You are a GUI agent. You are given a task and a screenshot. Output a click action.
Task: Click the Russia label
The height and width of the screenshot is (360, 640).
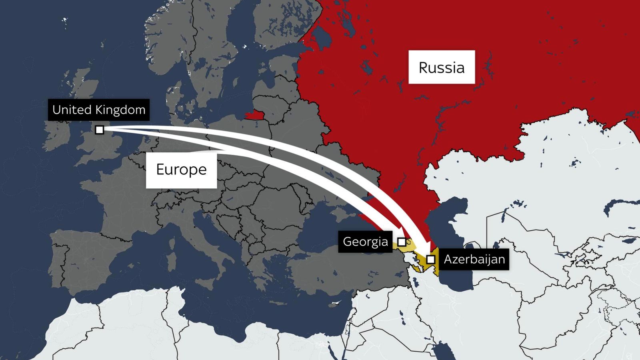click(x=441, y=67)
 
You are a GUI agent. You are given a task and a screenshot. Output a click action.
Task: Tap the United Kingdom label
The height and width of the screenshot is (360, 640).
click(x=99, y=110)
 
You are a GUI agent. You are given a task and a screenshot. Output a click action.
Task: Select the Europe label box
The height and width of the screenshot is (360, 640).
click(x=181, y=170)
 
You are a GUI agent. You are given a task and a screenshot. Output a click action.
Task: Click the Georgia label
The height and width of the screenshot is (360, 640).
click(x=365, y=242)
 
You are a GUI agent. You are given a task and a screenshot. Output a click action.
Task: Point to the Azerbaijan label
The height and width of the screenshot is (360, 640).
click(x=474, y=259)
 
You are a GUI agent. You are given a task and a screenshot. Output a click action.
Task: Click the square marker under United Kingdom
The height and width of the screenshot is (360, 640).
click(x=100, y=130)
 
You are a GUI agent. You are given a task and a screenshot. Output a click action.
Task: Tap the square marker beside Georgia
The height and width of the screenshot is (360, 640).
click(x=402, y=242)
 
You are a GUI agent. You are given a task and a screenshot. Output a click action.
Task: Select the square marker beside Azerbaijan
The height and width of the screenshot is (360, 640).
click(x=430, y=259)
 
